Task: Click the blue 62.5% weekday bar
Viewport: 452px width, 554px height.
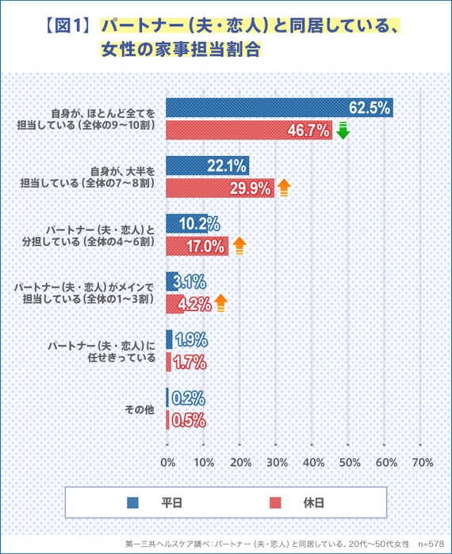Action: coord(278,108)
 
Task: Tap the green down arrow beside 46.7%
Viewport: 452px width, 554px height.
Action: coord(343,131)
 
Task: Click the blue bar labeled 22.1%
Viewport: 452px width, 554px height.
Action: coord(207,165)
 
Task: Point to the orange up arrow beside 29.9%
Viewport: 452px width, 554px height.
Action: coord(284,188)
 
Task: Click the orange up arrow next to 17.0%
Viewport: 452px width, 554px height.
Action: coord(239,245)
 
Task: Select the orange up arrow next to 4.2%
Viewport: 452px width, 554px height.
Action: coord(220,303)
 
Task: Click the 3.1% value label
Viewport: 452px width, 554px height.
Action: coord(190,281)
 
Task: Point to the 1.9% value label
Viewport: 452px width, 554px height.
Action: coord(190,340)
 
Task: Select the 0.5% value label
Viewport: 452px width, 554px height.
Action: coord(189,420)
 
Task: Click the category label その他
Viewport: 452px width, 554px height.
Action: coord(140,409)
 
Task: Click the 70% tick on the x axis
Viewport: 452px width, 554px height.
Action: coord(423,461)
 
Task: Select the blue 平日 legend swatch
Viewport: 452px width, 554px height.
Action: coord(133,502)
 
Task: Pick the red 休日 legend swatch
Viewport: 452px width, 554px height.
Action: coord(276,502)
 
